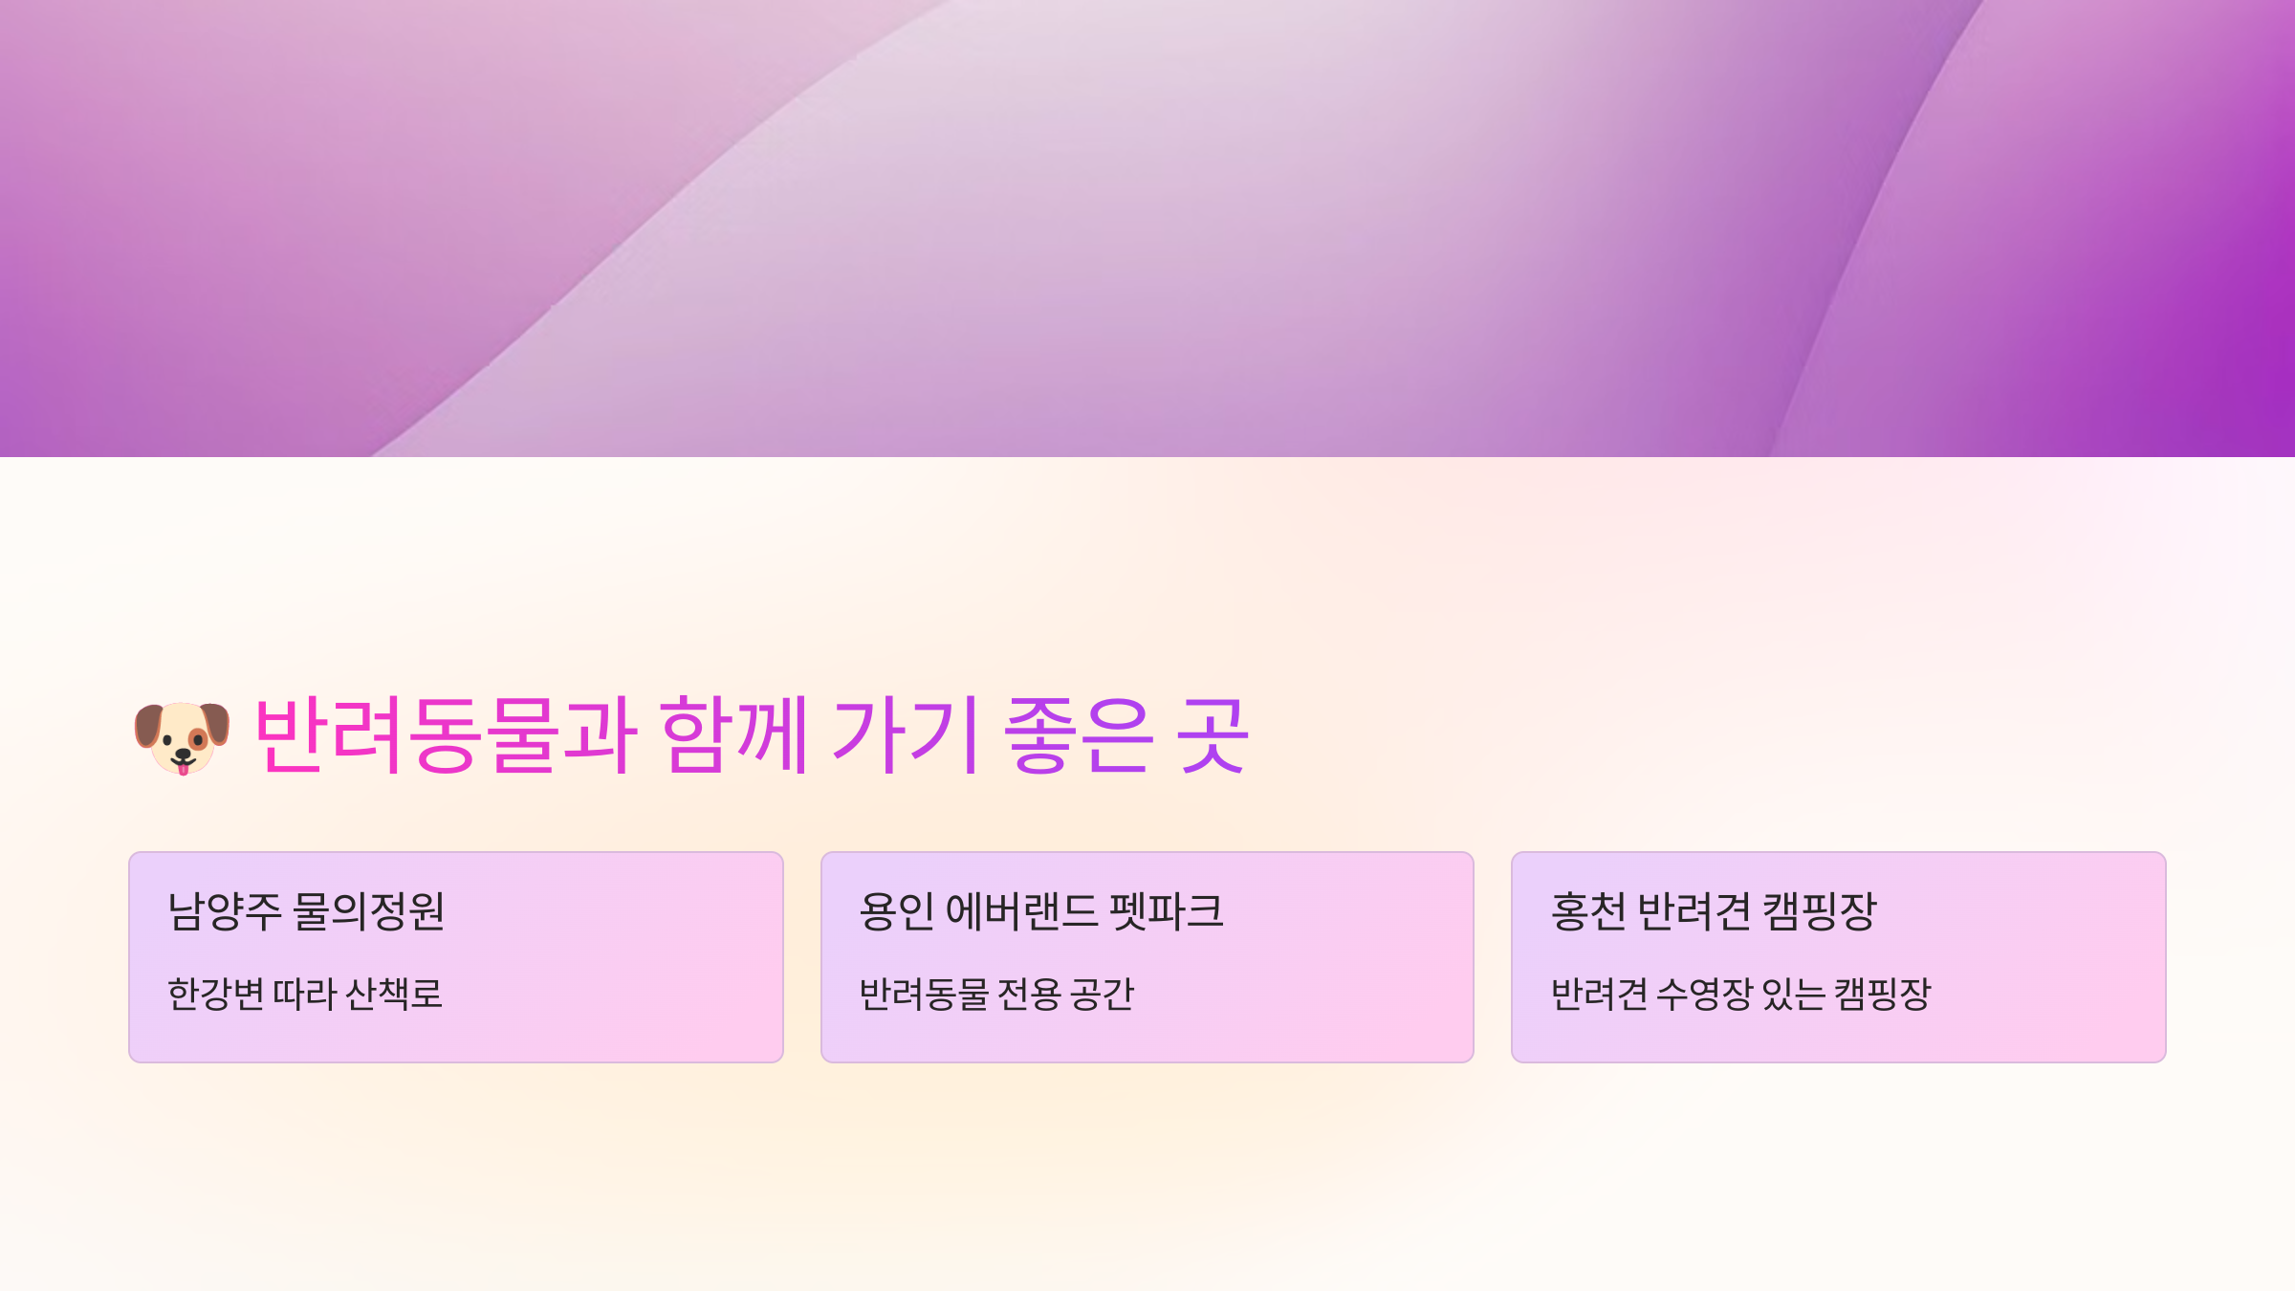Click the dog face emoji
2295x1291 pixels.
coord(182,737)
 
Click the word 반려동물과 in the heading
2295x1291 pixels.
coord(445,734)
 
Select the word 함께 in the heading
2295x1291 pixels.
coord(734,734)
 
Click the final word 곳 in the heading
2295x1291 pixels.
coord(1213,734)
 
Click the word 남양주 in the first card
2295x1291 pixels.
coord(224,911)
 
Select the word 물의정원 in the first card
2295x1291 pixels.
coord(368,911)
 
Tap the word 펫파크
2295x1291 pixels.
coord(1167,911)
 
